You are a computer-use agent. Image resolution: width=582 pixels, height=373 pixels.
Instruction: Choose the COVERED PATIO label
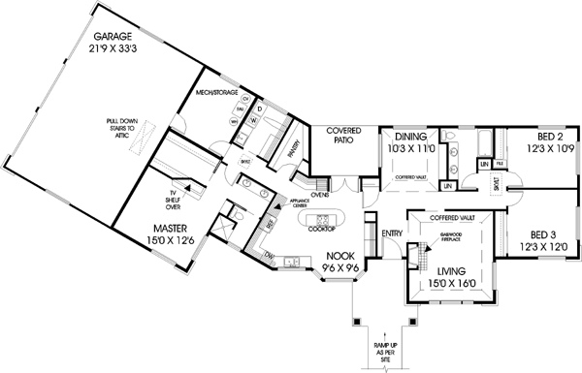[x=343, y=135]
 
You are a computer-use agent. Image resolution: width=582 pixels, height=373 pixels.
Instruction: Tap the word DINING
[x=410, y=138]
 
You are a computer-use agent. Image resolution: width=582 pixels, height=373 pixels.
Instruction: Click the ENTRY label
[x=393, y=233]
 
